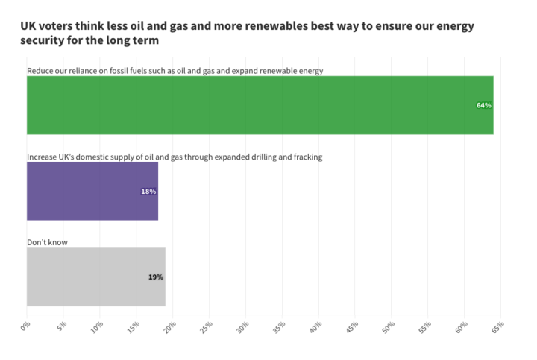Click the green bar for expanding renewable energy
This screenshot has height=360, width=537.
tap(260, 105)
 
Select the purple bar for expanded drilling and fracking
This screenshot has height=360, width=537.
tap(92, 192)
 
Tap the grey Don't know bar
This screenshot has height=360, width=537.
tap(95, 277)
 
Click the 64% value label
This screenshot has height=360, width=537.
tap(484, 105)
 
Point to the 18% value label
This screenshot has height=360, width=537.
tap(148, 192)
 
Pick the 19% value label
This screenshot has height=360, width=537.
tap(155, 277)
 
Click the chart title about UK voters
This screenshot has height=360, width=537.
tap(246, 34)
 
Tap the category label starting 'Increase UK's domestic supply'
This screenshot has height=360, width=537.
tap(174, 157)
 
